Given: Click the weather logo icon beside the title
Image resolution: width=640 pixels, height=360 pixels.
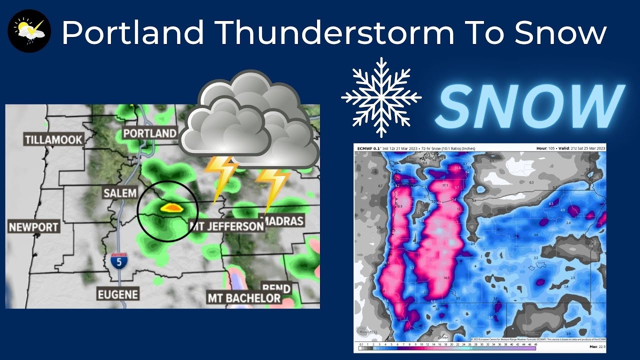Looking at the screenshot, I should click(29, 30).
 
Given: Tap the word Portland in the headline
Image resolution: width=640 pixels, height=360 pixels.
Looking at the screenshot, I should click(132, 33).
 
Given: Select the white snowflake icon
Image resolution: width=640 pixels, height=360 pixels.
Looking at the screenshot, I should click(381, 97).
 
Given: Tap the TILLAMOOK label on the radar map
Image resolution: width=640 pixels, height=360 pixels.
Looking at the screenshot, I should click(53, 139).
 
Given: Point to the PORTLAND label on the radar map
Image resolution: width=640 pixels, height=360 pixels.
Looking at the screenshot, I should click(150, 133).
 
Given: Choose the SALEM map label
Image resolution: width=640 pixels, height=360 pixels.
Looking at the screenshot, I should click(119, 193).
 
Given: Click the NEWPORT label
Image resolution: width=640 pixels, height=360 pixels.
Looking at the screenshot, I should click(34, 227).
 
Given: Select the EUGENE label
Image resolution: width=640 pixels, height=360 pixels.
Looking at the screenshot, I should click(118, 294).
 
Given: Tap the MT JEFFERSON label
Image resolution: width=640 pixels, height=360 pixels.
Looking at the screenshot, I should click(227, 226).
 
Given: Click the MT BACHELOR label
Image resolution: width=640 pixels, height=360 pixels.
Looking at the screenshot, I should click(244, 298).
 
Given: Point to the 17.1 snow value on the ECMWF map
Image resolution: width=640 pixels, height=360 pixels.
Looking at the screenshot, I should click(446, 185).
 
